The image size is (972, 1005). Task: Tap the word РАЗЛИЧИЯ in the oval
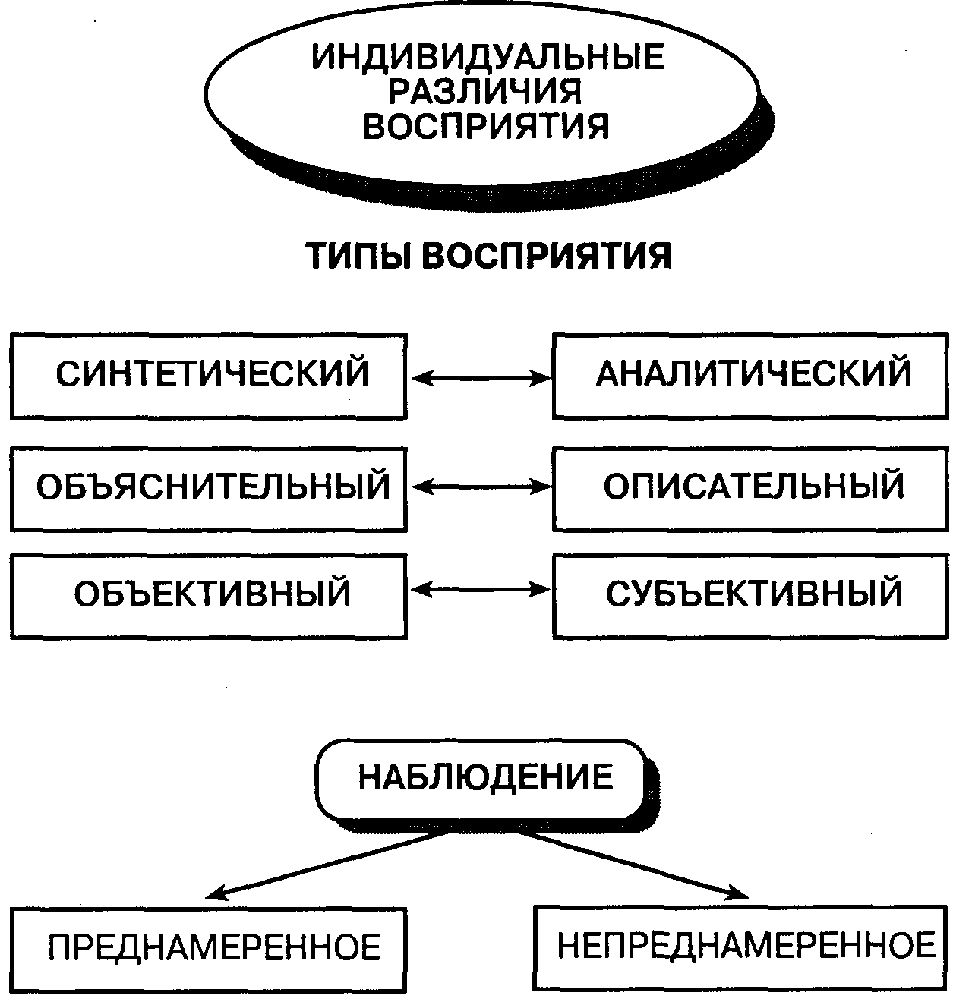coord(485,91)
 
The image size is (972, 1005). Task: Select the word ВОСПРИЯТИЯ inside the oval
coord(486,126)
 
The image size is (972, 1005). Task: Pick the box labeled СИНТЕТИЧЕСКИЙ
coord(209,376)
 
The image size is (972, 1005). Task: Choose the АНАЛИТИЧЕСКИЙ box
coord(750,376)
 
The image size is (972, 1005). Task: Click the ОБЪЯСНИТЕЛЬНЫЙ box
coord(209,489)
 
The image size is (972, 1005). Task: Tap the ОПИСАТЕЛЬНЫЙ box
coord(750,489)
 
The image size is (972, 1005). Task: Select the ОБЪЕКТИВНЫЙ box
coord(209,597)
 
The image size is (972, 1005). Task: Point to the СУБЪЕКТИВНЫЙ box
coord(750,597)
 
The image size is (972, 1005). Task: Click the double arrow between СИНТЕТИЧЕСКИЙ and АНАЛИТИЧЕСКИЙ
coord(481,379)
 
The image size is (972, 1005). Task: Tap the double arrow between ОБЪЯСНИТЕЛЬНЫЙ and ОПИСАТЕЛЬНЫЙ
coord(481,487)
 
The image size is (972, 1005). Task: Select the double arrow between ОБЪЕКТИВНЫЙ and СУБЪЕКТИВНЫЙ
coord(481,589)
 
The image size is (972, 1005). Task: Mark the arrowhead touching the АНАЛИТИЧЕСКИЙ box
coord(541,379)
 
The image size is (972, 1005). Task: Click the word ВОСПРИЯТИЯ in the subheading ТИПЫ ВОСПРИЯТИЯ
coord(547,256)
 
